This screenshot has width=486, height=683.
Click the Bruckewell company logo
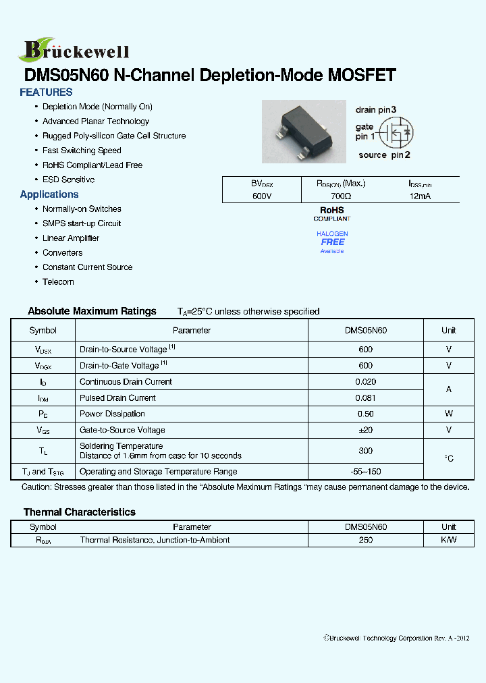click(74, 49)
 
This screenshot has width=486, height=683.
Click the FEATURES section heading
click(46, 92)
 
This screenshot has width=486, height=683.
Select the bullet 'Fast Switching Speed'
click(82, 151)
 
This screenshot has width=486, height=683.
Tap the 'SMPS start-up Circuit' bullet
click(82, 223)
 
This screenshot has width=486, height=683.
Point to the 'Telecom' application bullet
click(58, 281)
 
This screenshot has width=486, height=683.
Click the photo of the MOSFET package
click(304, 132)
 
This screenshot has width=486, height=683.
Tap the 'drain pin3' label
click(376, 109)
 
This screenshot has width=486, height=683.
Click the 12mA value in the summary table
click(419, 196)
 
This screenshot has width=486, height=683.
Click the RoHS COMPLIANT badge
click(332, 214)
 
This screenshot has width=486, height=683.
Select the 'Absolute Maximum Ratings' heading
click(92, 311)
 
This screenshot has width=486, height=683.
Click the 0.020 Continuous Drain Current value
click(365, 382)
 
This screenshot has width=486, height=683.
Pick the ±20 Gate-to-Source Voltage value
click(365, 430)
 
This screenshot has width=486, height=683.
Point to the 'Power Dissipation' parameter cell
click(112, 414)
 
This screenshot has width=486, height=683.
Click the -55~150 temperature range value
click(365, 472)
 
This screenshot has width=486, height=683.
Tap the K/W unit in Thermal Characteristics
click(448, 540)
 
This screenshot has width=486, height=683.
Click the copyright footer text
click(396, 638)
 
